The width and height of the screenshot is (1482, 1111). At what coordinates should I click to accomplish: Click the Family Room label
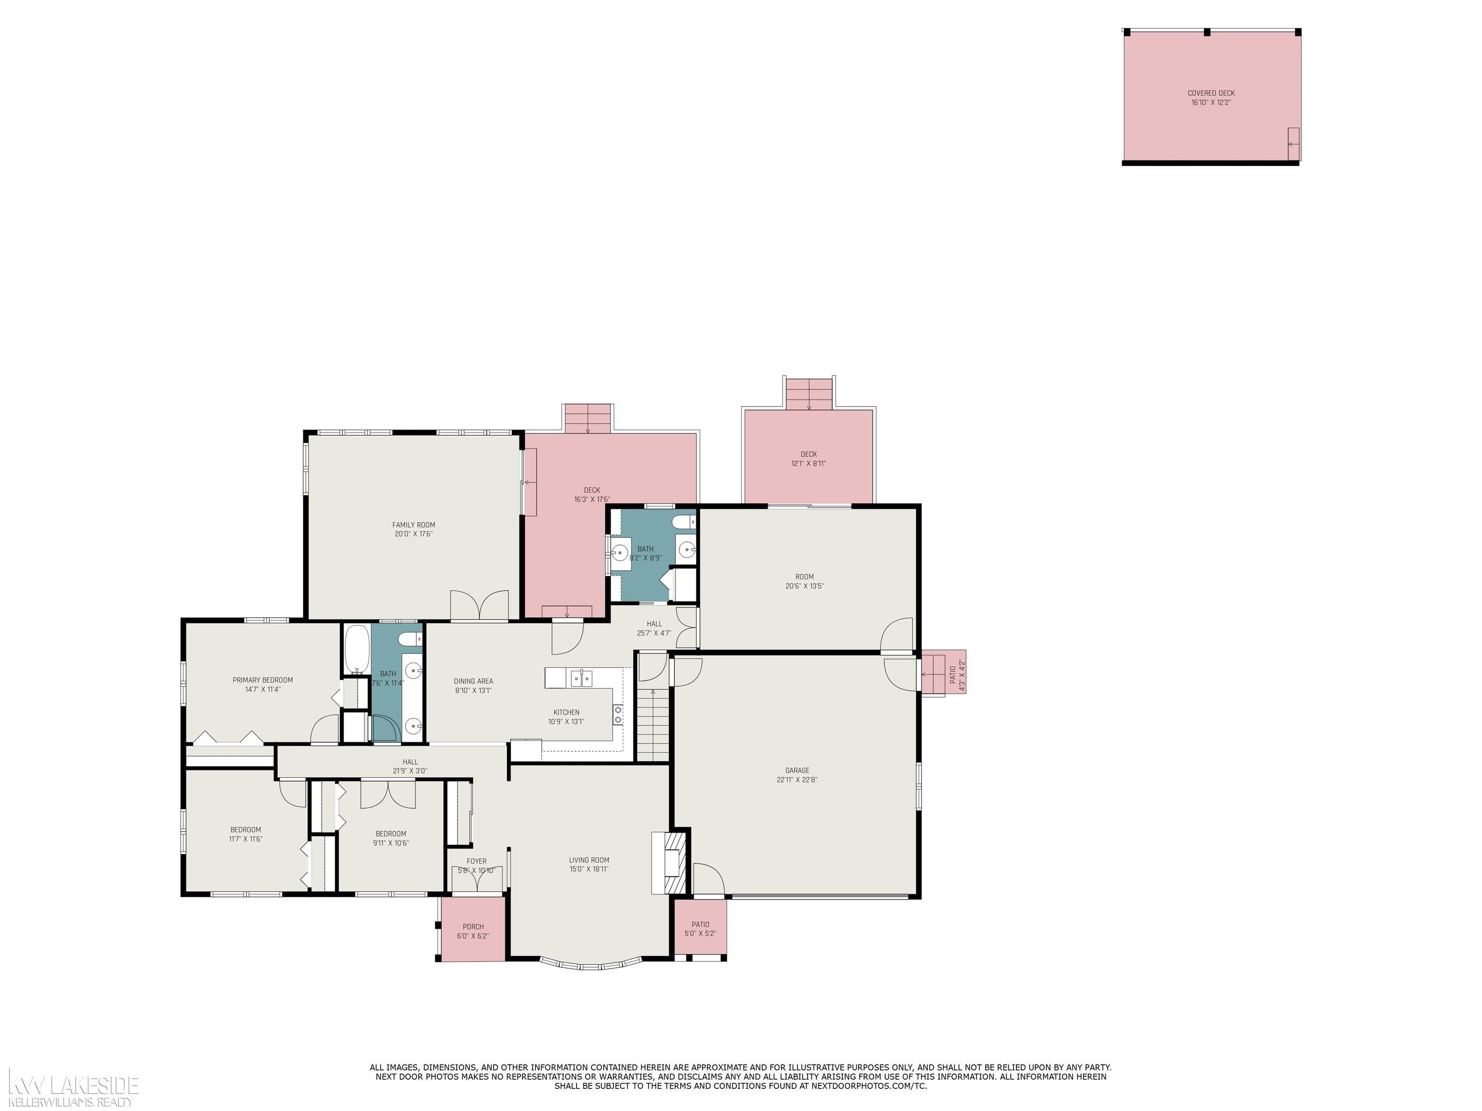[x=413, y=525]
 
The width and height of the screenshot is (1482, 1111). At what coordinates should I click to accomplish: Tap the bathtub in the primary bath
[x=357, y=650]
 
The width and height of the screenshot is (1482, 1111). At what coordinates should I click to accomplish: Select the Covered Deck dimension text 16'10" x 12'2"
[x=1211, y=102]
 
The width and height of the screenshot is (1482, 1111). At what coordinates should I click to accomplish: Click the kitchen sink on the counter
[x=581, y=678]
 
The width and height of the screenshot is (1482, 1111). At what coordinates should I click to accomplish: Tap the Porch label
[x=473, y=927]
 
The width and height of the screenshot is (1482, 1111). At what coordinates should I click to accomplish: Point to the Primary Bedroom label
[x=262, y=680]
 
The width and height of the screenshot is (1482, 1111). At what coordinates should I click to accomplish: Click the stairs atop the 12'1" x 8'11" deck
[x=809, y=394]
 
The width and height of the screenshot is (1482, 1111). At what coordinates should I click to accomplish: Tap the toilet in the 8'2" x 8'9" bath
[x=684, y=522]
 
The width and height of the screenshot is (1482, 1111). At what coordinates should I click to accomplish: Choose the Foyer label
[x=476, y=861]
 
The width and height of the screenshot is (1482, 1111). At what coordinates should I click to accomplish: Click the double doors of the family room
[x=479, y=606]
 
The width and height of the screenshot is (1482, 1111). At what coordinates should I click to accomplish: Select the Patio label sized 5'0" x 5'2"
[x=700, y=924]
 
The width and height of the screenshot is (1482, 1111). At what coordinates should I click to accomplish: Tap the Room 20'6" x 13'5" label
[x=804, y=577]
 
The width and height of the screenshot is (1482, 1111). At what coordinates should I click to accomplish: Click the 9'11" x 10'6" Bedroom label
[x=391, y=834]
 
